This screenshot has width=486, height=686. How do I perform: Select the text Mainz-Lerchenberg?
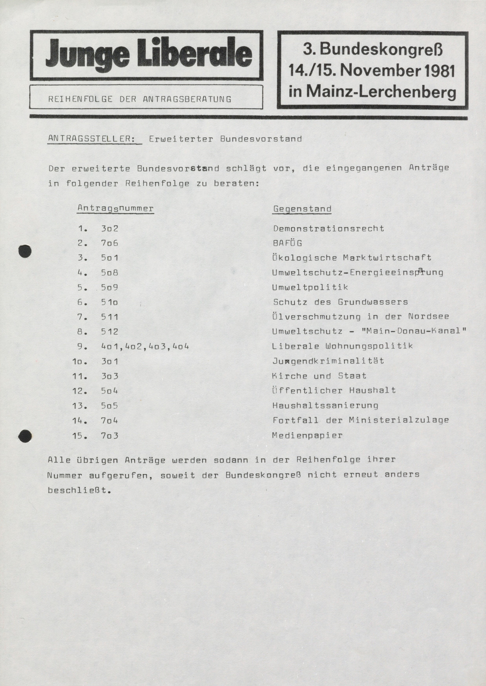click(x=381, y=92)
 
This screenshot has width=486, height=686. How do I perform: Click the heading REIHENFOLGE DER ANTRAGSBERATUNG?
click(x=140, y=99)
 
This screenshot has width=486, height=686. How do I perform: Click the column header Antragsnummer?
click(x=116, y=208)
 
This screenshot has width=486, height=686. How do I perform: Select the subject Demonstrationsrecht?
click(x=329, y=228)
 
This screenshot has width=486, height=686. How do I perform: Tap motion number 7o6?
click(x=109, y=243)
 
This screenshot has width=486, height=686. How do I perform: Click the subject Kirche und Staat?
click(x=319, y=376)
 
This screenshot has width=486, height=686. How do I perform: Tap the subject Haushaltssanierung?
click(x=325, y=406)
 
